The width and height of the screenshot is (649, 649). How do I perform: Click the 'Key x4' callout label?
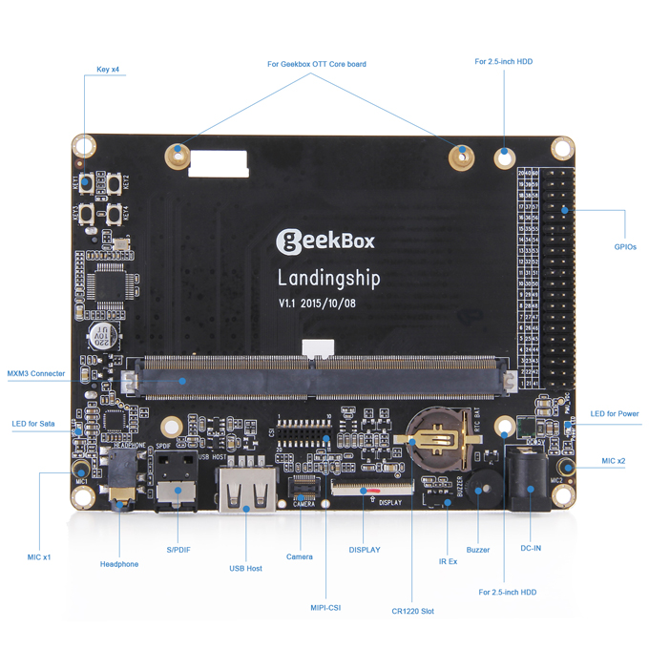tap(108, 69)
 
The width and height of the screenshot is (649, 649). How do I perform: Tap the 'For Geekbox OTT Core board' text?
tap(316, 65)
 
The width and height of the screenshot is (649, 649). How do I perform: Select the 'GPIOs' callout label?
tap(624, 246)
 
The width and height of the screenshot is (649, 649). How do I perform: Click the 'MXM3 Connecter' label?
tap(36, 374)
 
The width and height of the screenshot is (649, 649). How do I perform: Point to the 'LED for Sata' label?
tap(33, 423)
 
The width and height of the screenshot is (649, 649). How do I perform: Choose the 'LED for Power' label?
tap(615, 413)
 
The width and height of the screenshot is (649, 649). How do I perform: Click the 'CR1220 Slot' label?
tap(412, 611)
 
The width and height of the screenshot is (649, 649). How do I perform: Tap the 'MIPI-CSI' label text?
tap(325, 606)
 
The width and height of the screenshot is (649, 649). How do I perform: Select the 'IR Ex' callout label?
tap(448, 561)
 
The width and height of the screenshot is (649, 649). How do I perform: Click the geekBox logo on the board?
tap(324, 241)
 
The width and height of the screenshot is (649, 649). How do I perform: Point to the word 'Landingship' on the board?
tap(328, 279)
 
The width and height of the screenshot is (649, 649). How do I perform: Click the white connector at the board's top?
tap(217, 165)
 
